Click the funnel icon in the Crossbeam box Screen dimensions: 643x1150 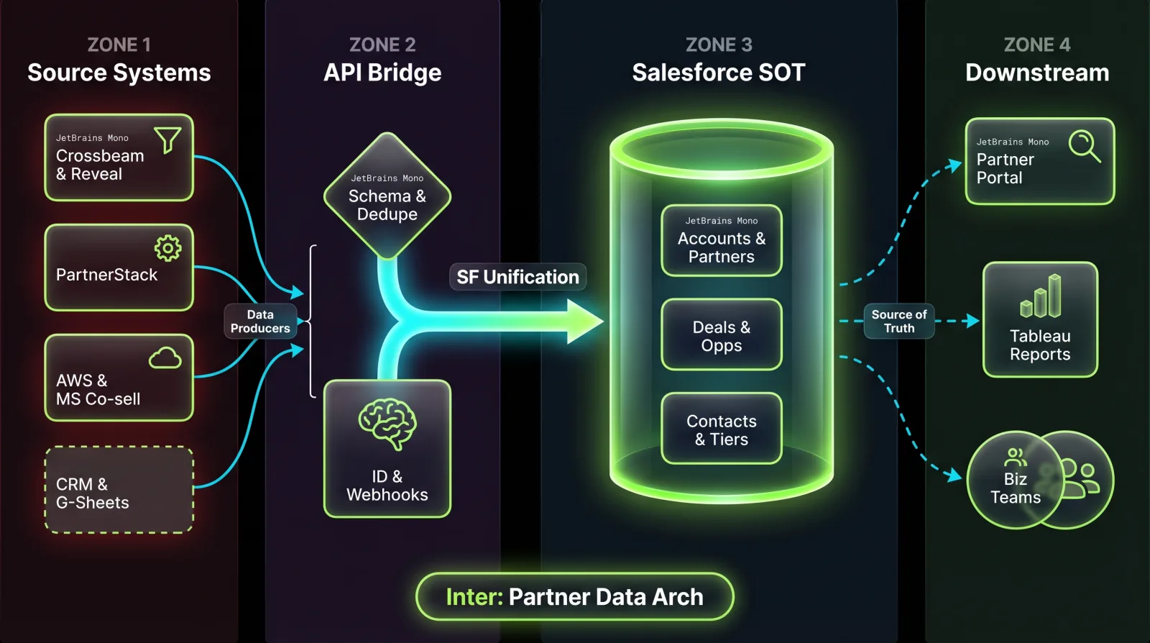point(167,140)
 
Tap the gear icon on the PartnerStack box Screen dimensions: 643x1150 point(167,248)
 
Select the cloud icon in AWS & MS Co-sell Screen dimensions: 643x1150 point(165,357)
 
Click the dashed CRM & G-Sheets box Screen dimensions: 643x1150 point(119,490)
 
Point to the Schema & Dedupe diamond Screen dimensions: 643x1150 point(387,196)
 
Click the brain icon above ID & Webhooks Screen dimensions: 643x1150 point(387,423)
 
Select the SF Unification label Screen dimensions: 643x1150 point(517,277)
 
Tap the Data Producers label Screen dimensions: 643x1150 point(260,321)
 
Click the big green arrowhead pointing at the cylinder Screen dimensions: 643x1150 point(584,321)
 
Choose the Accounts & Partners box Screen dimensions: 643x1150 point(722,241)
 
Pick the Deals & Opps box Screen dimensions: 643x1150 point(722,335)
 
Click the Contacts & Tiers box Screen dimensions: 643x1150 point(722,429)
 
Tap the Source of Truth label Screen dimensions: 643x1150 point(899,321)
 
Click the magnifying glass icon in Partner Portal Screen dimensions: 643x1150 point(1084,146)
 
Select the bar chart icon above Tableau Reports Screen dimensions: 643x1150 point(1041,296)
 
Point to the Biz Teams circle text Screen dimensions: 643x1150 point(1015,488)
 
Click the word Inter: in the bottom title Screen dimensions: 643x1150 point(474,597)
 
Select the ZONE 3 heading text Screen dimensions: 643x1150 point(719,45)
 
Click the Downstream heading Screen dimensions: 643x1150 point(1037,73)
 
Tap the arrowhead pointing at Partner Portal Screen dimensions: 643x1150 point(954,165)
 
